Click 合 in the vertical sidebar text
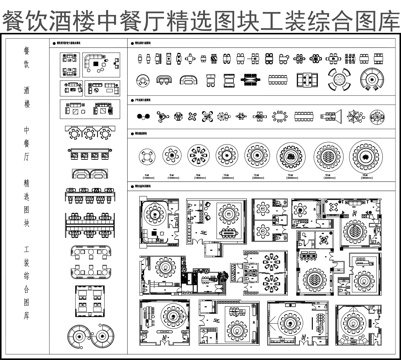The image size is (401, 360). (x=27, y=283)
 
